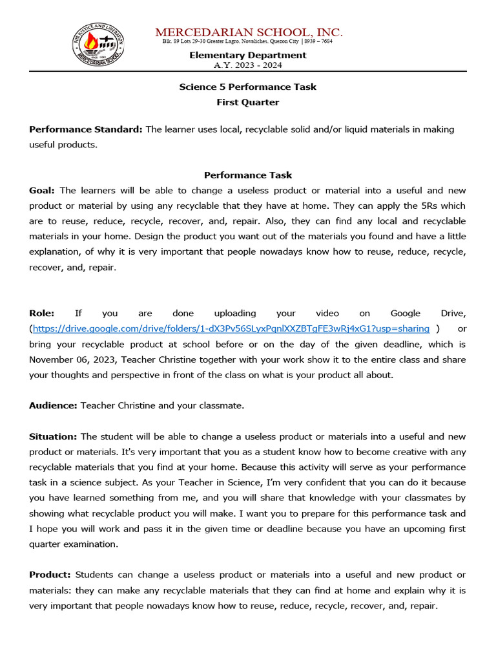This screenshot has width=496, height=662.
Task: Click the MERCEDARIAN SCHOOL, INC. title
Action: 249,32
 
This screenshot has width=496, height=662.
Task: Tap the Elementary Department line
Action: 247,56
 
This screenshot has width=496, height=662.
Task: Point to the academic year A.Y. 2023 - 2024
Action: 247,65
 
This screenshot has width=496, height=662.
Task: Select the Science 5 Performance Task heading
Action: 247,87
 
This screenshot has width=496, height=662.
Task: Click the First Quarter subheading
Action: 247,102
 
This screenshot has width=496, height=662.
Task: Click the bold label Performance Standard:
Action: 85,129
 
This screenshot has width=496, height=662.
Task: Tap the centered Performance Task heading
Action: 247,175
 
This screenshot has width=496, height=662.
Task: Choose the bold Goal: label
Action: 42,191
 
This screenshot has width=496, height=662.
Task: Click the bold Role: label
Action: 41,314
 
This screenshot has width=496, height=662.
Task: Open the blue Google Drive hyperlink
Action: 231,329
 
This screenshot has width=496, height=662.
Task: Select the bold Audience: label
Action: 53,405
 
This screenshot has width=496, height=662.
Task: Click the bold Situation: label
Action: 53,437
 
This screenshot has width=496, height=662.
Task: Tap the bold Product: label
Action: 50,575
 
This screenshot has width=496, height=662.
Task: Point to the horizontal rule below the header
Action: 247,71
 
